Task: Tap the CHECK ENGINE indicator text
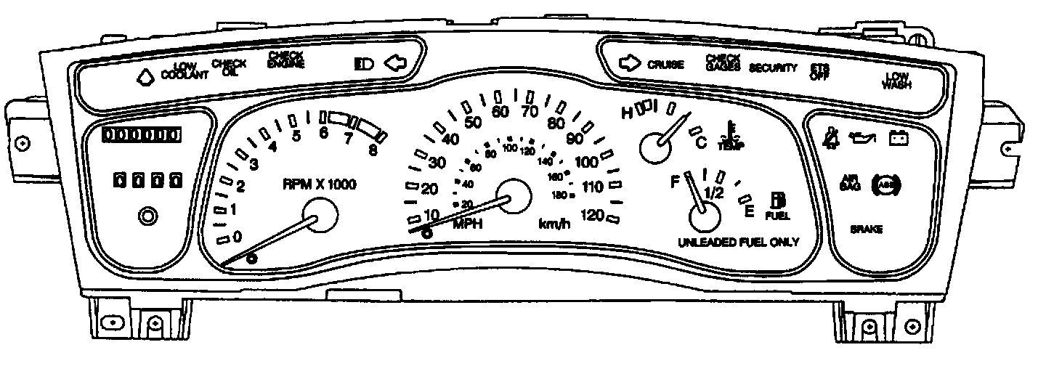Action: [x=285, y=59]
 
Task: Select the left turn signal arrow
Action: [x=397, y=63]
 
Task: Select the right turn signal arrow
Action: [x=628, y=63]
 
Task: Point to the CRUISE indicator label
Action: [x=665, y=65]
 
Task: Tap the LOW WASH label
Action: [x=896, y=80]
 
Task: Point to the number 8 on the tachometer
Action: [x=373, y=151]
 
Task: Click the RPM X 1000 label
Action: [x=320, y=184]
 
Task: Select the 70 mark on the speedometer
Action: [x=529, y=111]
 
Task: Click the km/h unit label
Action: [x=554, y=224]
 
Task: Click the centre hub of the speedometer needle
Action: [x=513, y=197]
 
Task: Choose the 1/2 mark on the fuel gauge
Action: [x=714, y=193]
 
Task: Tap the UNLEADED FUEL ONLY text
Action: [x=738, y=242]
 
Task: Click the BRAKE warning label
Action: [x=867, y=229]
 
